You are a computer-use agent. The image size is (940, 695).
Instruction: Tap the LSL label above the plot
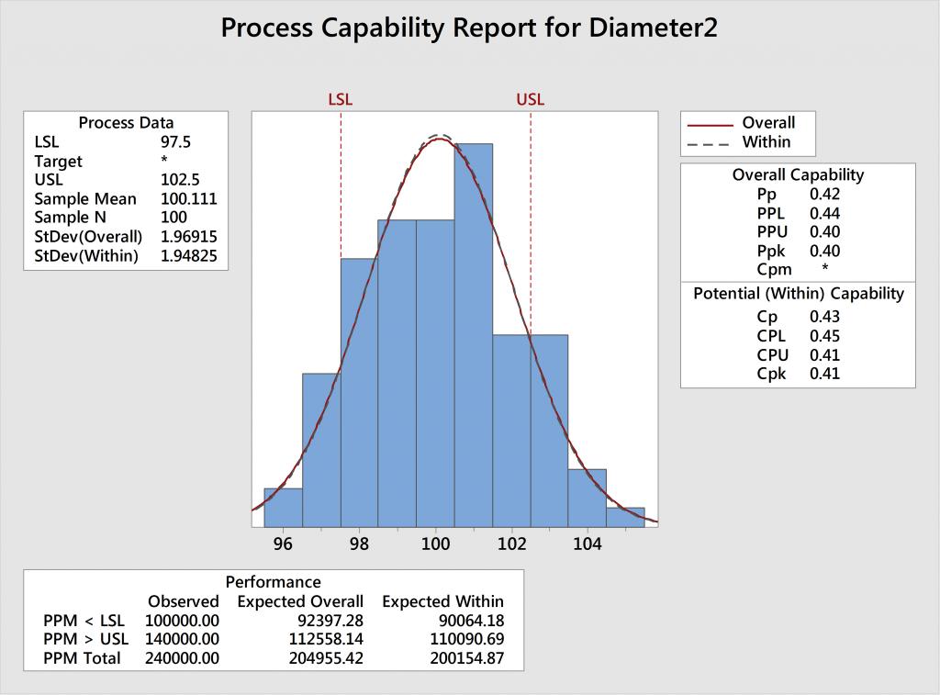(x=341, y=99)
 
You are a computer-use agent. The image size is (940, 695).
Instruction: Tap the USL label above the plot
(x=531, y=99)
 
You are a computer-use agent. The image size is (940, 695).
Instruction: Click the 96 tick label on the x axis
(x=284, y=544)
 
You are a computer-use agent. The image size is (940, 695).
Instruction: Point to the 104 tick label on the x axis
(x=587, y=544)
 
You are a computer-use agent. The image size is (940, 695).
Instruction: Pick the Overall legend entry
(x=768, y=123)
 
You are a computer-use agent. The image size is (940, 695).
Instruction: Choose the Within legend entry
(x=766, y=142)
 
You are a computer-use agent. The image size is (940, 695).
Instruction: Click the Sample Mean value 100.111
(x=189, y=199)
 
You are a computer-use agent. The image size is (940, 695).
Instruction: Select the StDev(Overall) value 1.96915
(x=189, y=237)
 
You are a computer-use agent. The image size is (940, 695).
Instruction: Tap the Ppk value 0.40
(x=824, y=251)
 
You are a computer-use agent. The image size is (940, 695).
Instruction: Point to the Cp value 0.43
(x=824, y=317)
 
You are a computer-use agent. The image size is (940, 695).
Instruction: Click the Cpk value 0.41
(x=824, y=374)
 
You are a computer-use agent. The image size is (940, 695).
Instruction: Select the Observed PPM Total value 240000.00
(x=183, y=658)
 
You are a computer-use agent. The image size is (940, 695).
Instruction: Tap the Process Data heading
(x=126, y=123)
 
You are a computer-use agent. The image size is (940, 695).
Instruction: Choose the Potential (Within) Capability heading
(x=798, y=294)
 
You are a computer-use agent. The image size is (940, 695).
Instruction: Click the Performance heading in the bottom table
(x=273, y=582)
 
